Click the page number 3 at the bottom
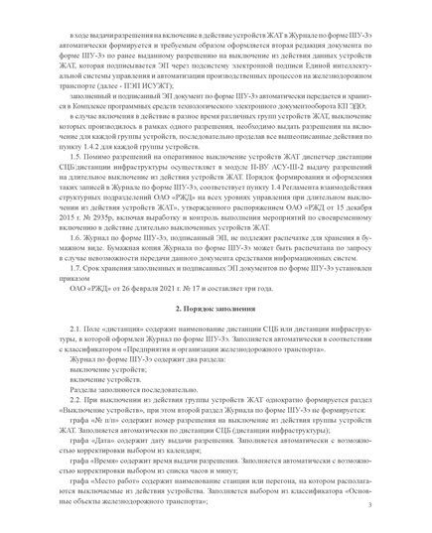(369, 506)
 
